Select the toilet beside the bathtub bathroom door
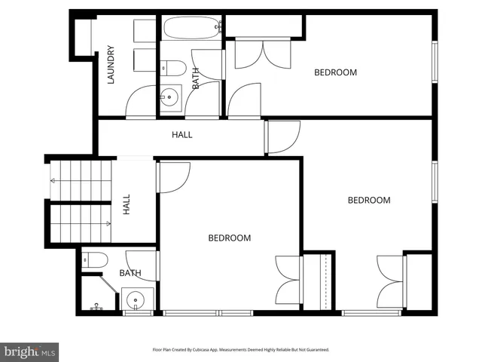[x=173, y=67]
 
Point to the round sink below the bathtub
[x=170, y=96]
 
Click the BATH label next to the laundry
[x=196, y=79]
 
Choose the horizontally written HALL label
[x=182, y=136]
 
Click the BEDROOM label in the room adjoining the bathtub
[x=335, y=72]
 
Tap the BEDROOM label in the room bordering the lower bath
[x=229, y=238]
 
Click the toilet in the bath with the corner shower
[x=94, y=259]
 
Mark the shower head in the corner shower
[x=96, y=307]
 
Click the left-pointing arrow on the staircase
[x=52, y=180]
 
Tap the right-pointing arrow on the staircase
[x=108, y=223]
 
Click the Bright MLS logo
[x=29, y=351]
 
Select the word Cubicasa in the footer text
[x=214, y=350]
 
